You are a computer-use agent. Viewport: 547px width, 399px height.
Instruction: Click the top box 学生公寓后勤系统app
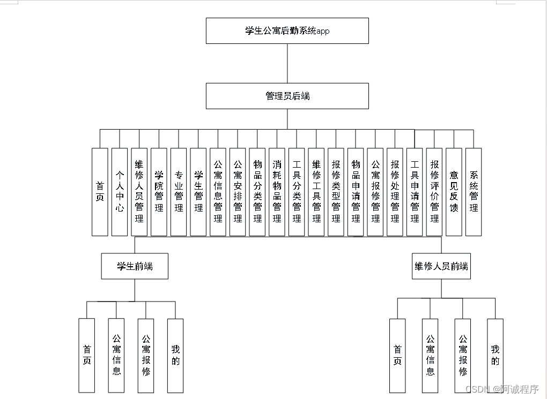(287, 31)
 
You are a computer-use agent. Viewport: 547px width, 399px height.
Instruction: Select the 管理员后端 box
(287, 96)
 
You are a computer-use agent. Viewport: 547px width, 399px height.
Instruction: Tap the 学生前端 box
(135, 266)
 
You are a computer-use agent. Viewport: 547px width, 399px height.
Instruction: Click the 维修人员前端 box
(441, 266)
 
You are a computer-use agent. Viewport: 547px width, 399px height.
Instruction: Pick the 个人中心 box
(120, 192)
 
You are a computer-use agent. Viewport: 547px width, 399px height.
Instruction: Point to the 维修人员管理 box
(139, 192)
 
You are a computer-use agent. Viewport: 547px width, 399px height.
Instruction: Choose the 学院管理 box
(159, 192)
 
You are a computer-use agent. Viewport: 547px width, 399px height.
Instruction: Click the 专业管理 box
(179, 192)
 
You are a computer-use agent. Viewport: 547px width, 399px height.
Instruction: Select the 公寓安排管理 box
(238, 192)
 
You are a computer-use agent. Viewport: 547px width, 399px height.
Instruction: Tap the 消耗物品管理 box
(277, 192)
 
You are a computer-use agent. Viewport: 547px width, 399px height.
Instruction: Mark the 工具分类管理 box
(297, 192)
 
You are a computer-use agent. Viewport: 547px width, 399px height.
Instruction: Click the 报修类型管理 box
(336, 192)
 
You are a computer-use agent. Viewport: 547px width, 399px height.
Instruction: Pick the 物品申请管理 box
(356, 192)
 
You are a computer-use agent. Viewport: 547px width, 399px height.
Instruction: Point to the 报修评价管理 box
(434, 192)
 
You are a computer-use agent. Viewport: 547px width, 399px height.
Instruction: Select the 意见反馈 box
(454, 192)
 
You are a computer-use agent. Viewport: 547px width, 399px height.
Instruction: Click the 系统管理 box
(474, 192)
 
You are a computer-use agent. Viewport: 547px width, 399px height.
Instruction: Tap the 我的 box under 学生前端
(175, 355)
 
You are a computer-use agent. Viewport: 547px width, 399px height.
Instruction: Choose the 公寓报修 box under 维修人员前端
(463, 355)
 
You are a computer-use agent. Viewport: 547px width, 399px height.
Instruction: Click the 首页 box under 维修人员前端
(397, 355)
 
